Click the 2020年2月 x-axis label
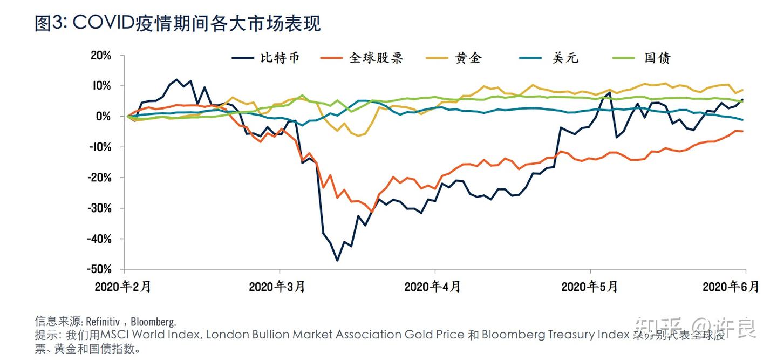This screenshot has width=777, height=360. pyautogui.click(x=122, y=286)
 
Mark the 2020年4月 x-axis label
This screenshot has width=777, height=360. pyautogui.click(x=432, y=286)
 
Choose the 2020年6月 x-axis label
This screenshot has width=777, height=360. pyautogui.click(x=731, y=286)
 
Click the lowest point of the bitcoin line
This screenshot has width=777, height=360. pyautogui.click(x=337, y=261)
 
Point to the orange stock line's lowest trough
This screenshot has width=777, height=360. pyautogui.click(x=371, y=212)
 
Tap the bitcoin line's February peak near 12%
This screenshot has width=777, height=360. pyautogui.click(x=176, y=79)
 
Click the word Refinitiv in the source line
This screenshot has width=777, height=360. pyautogui.click(x=104, y=322)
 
